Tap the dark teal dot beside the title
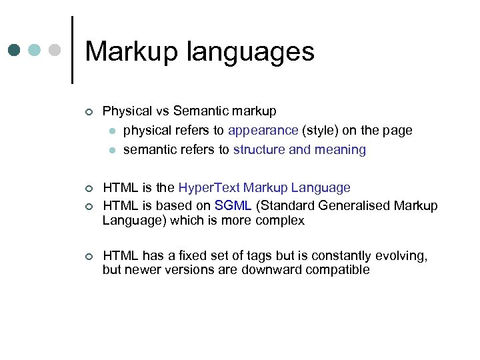(15, 50)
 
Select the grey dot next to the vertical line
(55, 50)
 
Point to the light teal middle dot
(35, 50)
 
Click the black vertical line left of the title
(72, 50)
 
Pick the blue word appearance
(263, 131)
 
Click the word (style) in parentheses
(320, 131)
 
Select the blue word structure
(259, 150)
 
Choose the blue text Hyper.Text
(211, 188)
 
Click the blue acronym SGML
(233, 205)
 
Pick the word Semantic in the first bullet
(198, 111)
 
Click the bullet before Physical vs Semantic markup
(88, 112)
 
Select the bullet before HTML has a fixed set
(88, 257)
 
